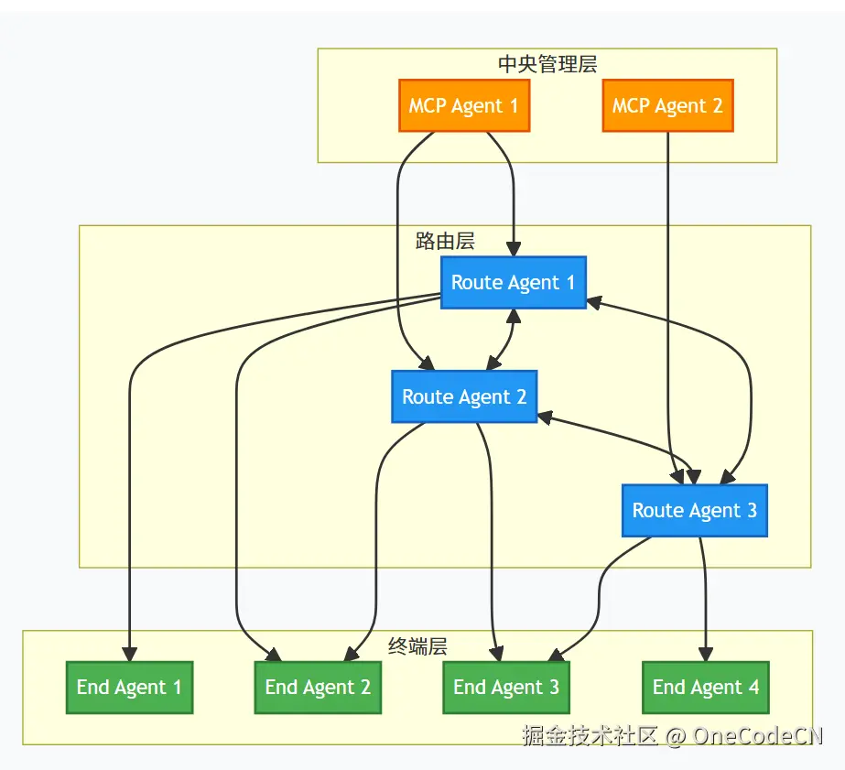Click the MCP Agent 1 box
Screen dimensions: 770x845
click(x=463, y=105)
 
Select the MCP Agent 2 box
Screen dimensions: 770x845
click(x=667, y=105)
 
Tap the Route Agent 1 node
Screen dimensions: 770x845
click(x=513, y=282)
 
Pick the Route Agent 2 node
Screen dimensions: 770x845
click(x=464, y=396)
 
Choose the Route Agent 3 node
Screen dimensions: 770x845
click(x=694, y=510)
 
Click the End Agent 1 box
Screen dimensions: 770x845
click(x=129, y=687)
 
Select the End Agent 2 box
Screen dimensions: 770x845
click(x=318, y=687)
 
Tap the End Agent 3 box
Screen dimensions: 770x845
click(x=506, y=687)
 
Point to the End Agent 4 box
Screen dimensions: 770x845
click(x=705, y=687)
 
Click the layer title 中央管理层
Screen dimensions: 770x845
click(x=547, y=64)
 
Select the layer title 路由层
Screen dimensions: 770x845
click(x=445, y=242)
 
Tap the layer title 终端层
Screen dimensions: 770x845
click(x=417, y=646)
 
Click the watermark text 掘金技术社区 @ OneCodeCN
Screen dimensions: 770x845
click(x=672, y=735)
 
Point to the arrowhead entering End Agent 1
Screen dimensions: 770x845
click(x=129, y=654)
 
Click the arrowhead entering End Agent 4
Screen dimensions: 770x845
click(x=705, y=654)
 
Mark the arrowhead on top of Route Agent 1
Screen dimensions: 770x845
click(x=514, y=248)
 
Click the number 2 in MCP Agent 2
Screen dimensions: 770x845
click(x=717, y=106)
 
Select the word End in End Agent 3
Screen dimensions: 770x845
click(x=469, y=688)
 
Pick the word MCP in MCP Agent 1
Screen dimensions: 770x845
click(x=428, y=106)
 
